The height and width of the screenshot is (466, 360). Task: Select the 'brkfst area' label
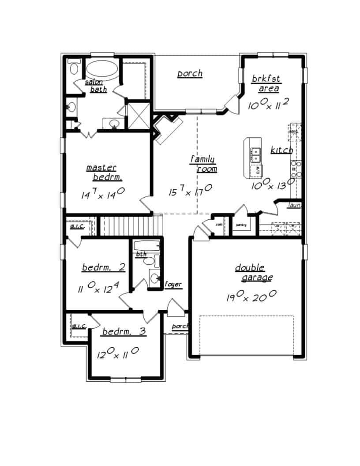click(266, 83)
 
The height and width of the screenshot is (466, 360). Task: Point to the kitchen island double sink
click(255, 155)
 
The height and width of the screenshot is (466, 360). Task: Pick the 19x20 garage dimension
click(251, 296)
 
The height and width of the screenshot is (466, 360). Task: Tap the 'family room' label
click(203, 164)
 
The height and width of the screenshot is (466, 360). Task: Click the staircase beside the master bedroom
click(127, 226)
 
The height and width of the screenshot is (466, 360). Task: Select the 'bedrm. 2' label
click(104, 268)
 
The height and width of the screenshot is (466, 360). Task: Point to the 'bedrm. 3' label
click(124, 331)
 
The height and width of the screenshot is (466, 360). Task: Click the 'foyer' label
click(173, 285)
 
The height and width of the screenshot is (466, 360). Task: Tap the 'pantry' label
click(241, 225)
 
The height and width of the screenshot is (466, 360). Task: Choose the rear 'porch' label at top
click(190, 73)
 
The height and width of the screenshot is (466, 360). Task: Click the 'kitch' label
click(281, 150)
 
